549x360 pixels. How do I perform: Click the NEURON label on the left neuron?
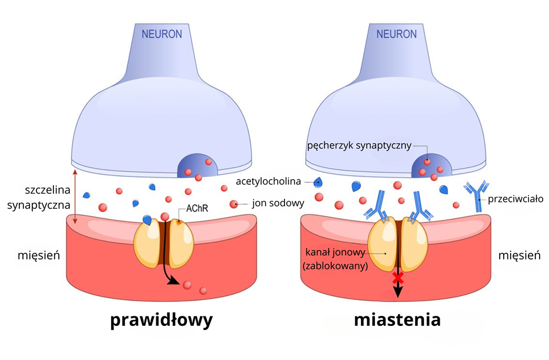162,34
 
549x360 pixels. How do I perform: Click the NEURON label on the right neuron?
397,34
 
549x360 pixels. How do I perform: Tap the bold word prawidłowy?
162,320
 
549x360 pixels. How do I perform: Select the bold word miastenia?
397,320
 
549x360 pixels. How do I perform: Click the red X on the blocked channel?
398,276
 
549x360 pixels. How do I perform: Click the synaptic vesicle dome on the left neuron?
197,166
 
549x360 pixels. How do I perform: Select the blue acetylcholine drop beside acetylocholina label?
318,182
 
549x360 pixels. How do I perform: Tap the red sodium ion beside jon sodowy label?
234,204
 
